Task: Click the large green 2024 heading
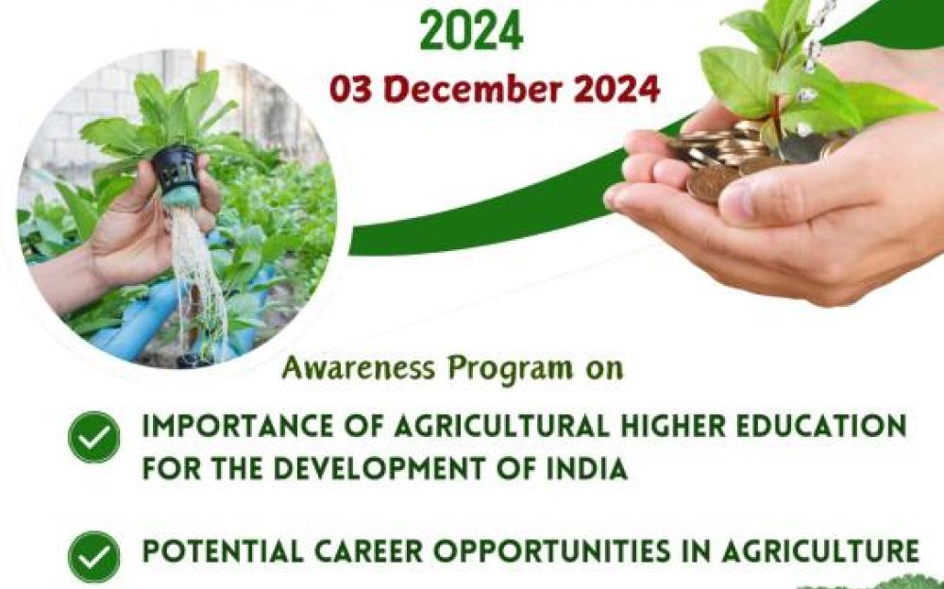(471, 29)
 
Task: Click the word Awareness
(358, 367)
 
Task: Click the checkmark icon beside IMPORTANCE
(93, 437)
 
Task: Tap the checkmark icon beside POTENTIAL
(93, 557)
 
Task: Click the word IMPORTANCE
(237, 427)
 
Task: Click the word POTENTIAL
(222, 551)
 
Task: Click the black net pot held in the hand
(175, 170)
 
